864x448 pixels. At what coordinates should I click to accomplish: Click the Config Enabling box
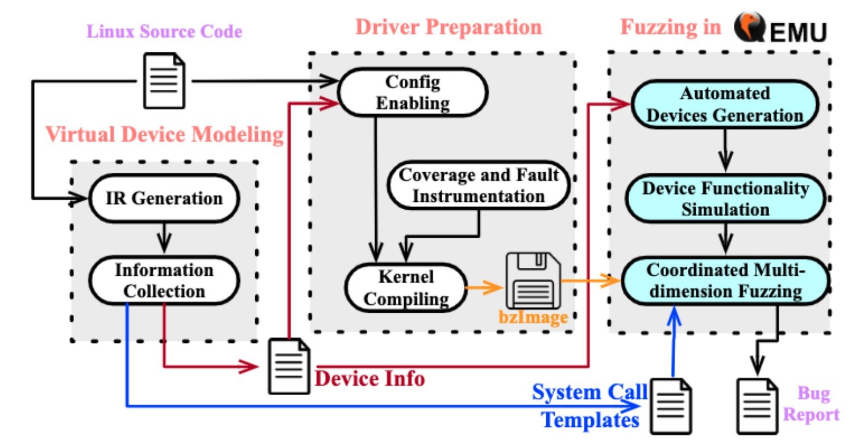pos(413,92)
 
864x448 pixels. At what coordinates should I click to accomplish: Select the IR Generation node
pos(164,198)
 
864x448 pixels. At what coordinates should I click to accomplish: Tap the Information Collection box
pos(164,280)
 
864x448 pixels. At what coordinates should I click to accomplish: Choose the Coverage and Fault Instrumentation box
pos(479,185)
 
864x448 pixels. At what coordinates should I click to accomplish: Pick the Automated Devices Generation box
pos(725,104)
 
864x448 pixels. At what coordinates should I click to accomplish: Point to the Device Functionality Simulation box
pos(725,198)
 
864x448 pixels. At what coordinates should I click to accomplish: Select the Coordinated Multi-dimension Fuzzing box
pos(725,280)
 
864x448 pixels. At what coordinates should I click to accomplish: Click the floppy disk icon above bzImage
pos(533,280)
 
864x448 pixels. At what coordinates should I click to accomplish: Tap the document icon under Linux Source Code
pos(164,80)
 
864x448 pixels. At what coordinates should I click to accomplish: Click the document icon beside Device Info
pos(289,366)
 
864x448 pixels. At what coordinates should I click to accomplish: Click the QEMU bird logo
pos(749,27)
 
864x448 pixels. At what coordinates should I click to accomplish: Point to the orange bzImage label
pos(533,317)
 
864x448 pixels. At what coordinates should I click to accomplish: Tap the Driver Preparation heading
pos(448,27)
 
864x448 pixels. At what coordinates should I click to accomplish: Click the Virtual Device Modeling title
pos(164,135)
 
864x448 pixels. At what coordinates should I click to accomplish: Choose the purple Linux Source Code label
pos(164,31)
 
